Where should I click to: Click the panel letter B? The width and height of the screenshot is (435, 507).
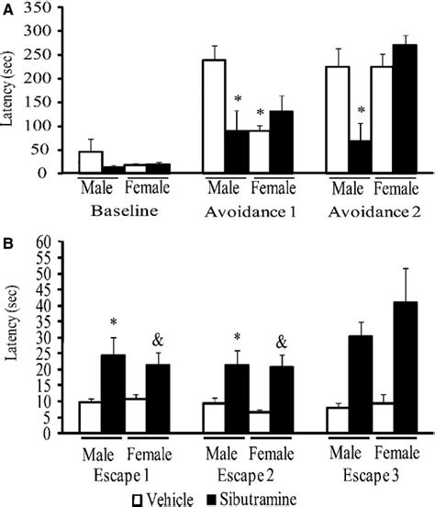(7, 243)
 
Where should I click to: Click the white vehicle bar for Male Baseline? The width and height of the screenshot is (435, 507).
(90, 162)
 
